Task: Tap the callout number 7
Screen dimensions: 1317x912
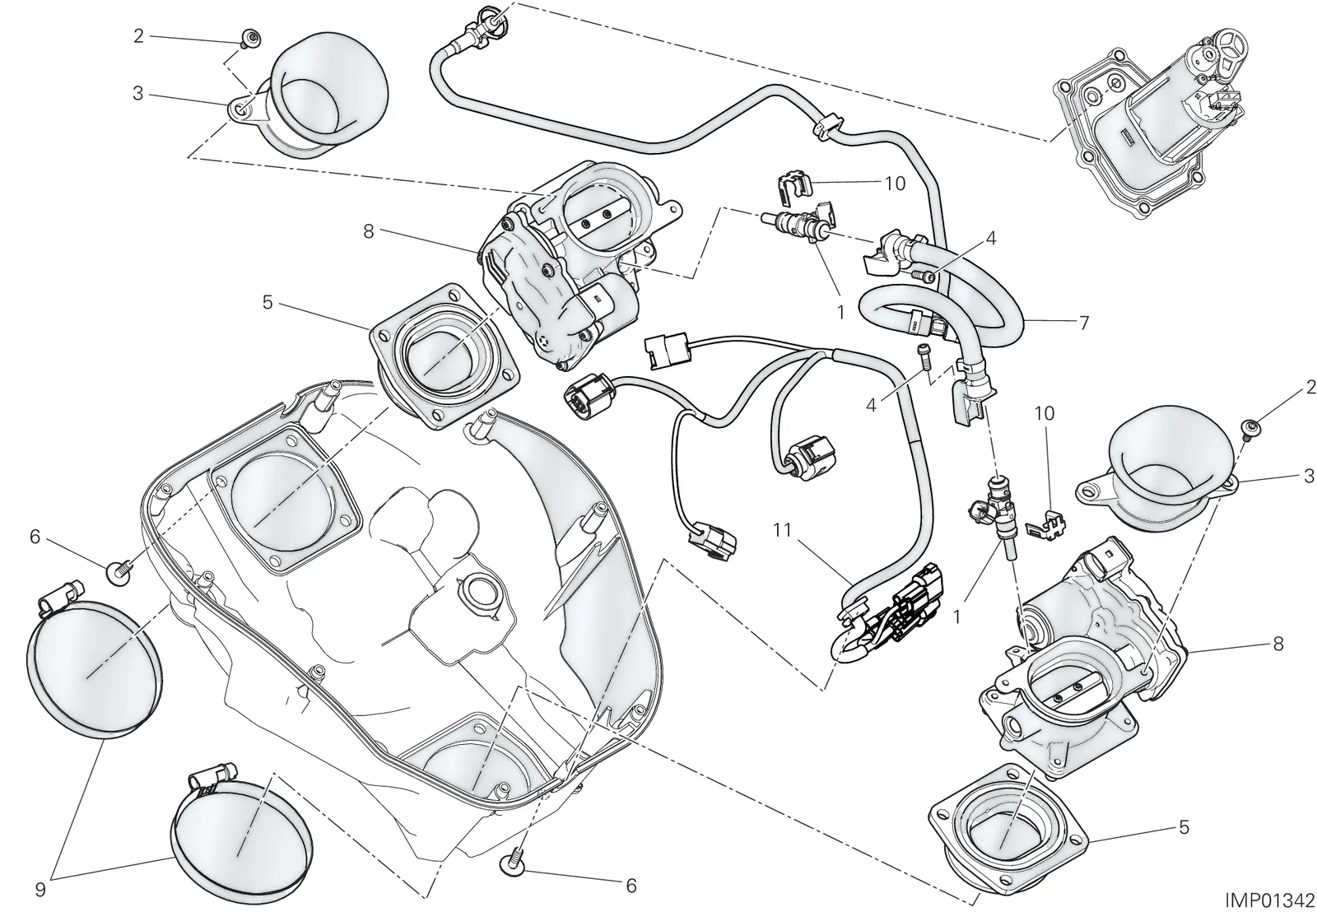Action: tap(1084, 322)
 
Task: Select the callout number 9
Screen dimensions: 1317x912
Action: tap(40, 889)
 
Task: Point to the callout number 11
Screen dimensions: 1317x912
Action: tap(782, 530)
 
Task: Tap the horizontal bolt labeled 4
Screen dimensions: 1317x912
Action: tap(923, 273)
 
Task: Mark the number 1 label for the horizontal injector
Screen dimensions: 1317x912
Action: tap(840, 312)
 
